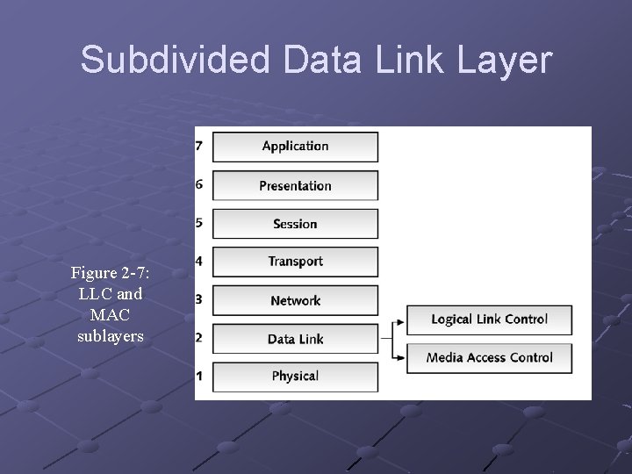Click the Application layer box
click(295, 147)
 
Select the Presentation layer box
click(295, 185)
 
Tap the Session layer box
click(295, 224)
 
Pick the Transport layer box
click(295, 262)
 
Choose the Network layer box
click(295, 300)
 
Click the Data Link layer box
click(295, 339)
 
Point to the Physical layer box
click(295, 377)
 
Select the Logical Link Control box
click(489, 320)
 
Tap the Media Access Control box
click(489, 357)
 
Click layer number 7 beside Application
click(199, 146)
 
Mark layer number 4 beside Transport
click(199, 261)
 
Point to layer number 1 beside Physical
click(199, 376)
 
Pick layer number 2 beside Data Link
click(199, 338)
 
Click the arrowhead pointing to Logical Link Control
click(401, 320)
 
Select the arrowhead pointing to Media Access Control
click(401, 357)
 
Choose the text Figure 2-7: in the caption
click(111, 273)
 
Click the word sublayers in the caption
click(111, 335)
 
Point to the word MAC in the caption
click(111, 314)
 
